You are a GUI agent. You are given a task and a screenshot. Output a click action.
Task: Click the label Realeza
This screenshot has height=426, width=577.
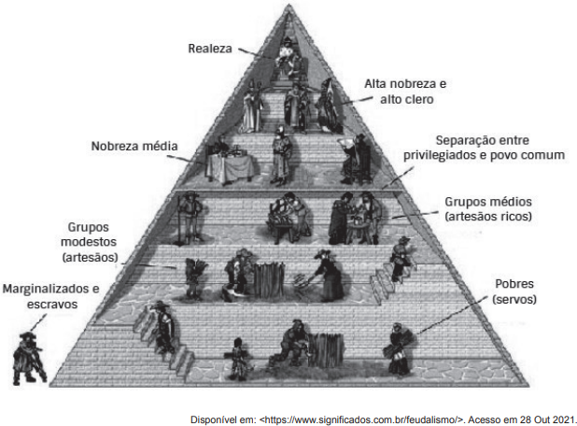click(x=210, y=49)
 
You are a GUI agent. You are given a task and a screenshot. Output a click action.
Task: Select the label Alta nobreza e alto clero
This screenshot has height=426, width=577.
click(x=405, y=92)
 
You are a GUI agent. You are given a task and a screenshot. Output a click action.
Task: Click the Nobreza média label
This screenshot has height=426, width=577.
click(x=134, y=146)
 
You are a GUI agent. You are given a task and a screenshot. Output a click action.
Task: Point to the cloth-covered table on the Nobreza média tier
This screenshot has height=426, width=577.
click(x=230, y=167)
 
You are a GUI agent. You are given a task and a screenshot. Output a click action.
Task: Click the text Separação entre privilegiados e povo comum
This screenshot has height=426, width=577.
click(x=484, y=148)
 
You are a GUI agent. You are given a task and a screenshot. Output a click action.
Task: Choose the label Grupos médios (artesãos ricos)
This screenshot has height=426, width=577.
click(x=488, y=208)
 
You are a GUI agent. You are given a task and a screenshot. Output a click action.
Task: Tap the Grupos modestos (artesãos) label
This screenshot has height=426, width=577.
click(x=89, y=242)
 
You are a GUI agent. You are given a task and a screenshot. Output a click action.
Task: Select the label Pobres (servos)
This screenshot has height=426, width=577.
click(x=514, y=291)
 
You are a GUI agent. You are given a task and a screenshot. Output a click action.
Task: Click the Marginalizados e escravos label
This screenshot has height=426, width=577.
click(x=50, y=296)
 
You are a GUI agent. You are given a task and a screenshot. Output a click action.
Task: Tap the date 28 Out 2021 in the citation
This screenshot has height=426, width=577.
click(x=547, y=419)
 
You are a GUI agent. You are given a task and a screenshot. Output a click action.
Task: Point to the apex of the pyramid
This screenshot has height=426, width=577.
click(x=288, y=5)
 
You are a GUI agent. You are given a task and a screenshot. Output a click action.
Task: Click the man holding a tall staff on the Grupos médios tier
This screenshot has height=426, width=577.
click(x=190, y=218)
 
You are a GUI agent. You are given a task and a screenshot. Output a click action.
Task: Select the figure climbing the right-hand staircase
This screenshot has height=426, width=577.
click(x=401, y=259)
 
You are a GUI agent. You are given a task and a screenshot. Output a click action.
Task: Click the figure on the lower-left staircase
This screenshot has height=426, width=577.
click(x=163, y=326)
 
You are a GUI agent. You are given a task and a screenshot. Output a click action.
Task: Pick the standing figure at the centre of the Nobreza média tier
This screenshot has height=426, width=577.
click(x=281, y=156)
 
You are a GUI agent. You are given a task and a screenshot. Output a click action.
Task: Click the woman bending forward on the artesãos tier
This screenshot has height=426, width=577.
click(x=327, y=276)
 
